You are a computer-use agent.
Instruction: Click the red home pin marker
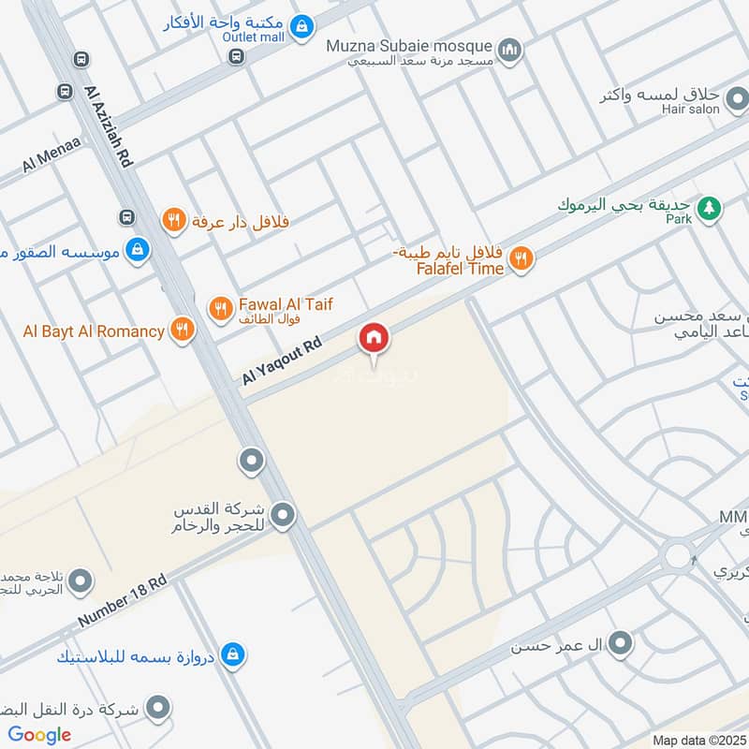(374, 339)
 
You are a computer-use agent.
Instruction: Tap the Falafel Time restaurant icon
(521, 258)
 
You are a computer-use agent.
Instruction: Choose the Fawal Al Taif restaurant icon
(220, 307)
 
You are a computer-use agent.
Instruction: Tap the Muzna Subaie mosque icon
(509, 49)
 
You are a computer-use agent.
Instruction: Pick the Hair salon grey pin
(737, 97)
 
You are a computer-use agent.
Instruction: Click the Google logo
(39, 735)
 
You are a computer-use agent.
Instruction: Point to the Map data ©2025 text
(698, 740)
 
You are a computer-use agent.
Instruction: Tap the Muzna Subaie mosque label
(409, 46)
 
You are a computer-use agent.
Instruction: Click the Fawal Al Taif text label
(286, 304)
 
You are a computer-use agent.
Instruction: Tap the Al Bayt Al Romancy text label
(95, 330)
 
